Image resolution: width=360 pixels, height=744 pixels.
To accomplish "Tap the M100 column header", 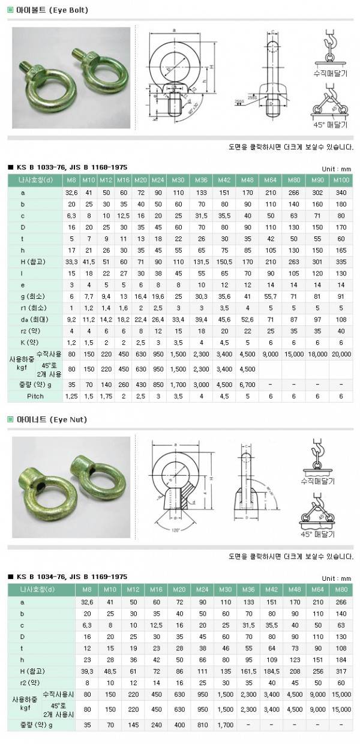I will point(341,179).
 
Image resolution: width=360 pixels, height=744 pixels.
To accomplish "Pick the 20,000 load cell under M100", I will point(341,354).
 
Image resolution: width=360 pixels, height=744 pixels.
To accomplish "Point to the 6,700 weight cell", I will point(247,385).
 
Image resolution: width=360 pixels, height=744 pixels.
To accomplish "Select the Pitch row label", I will point(35,397).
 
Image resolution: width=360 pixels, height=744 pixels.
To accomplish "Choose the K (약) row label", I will point(35,343).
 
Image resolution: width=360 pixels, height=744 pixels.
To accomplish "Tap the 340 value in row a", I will point(341,193).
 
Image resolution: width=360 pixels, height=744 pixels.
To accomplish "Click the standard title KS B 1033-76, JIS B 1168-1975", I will point(67,167).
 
